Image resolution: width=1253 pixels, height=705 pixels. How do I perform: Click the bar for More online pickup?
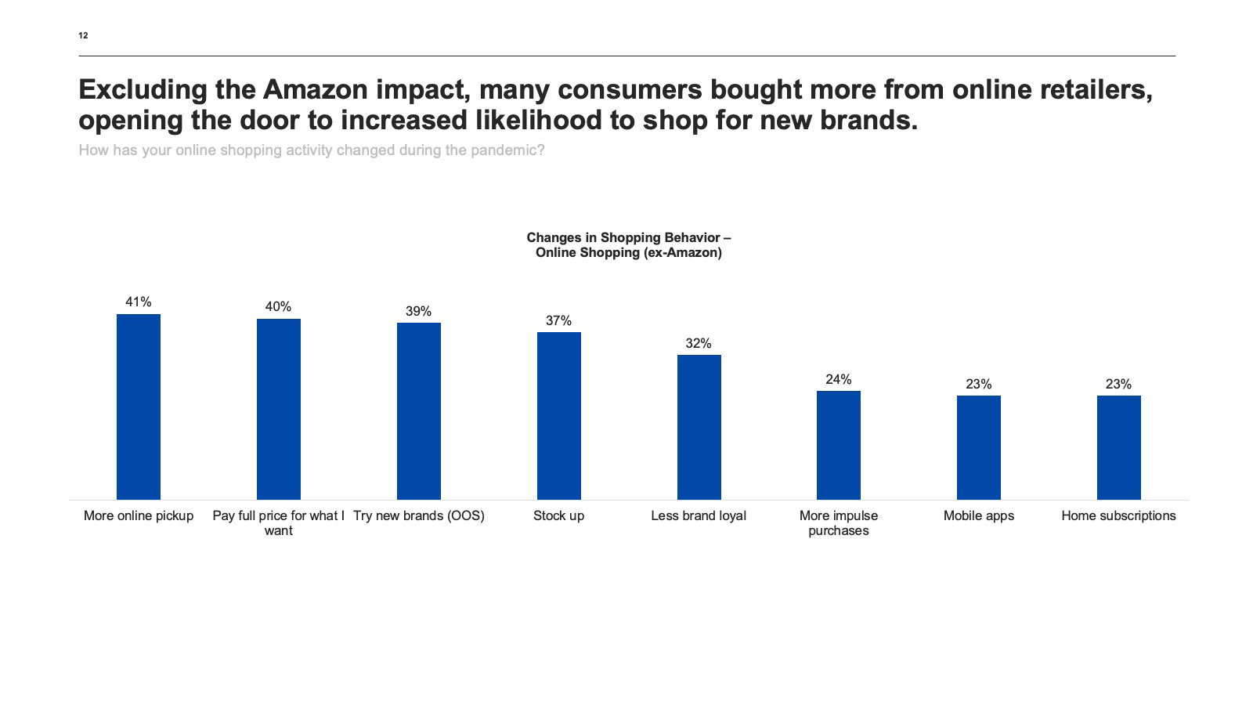click(139, 407)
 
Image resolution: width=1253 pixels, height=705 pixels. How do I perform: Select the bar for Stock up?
click(558, 416)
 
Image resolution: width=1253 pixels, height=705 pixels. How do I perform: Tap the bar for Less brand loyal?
click(699, 427)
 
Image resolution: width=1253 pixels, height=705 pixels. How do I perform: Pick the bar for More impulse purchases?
click(838, 445)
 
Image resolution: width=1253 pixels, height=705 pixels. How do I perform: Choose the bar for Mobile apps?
click(978, 447)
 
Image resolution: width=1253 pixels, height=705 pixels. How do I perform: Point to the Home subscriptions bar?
click(1118, 447)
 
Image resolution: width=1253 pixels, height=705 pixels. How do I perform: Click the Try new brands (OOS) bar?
click(419, 411)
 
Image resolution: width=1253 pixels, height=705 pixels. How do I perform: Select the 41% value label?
click(139, 302)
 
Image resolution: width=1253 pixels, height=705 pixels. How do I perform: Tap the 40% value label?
click(278, 307)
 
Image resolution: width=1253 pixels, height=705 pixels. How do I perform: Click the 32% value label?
click(699, 344)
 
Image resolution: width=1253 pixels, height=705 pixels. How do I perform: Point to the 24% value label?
click(838, 380)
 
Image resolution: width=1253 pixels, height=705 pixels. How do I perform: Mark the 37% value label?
click(558, 321)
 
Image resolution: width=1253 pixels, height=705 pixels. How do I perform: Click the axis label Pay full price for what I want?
click(278, 522)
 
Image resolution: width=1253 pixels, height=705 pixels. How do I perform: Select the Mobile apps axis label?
click(978, 515)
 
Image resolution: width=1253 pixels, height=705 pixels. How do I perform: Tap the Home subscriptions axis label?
click(1118, 515)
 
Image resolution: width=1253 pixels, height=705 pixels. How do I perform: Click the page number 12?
click(83, 35)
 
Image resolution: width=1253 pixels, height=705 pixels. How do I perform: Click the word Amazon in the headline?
click(315, 90)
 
